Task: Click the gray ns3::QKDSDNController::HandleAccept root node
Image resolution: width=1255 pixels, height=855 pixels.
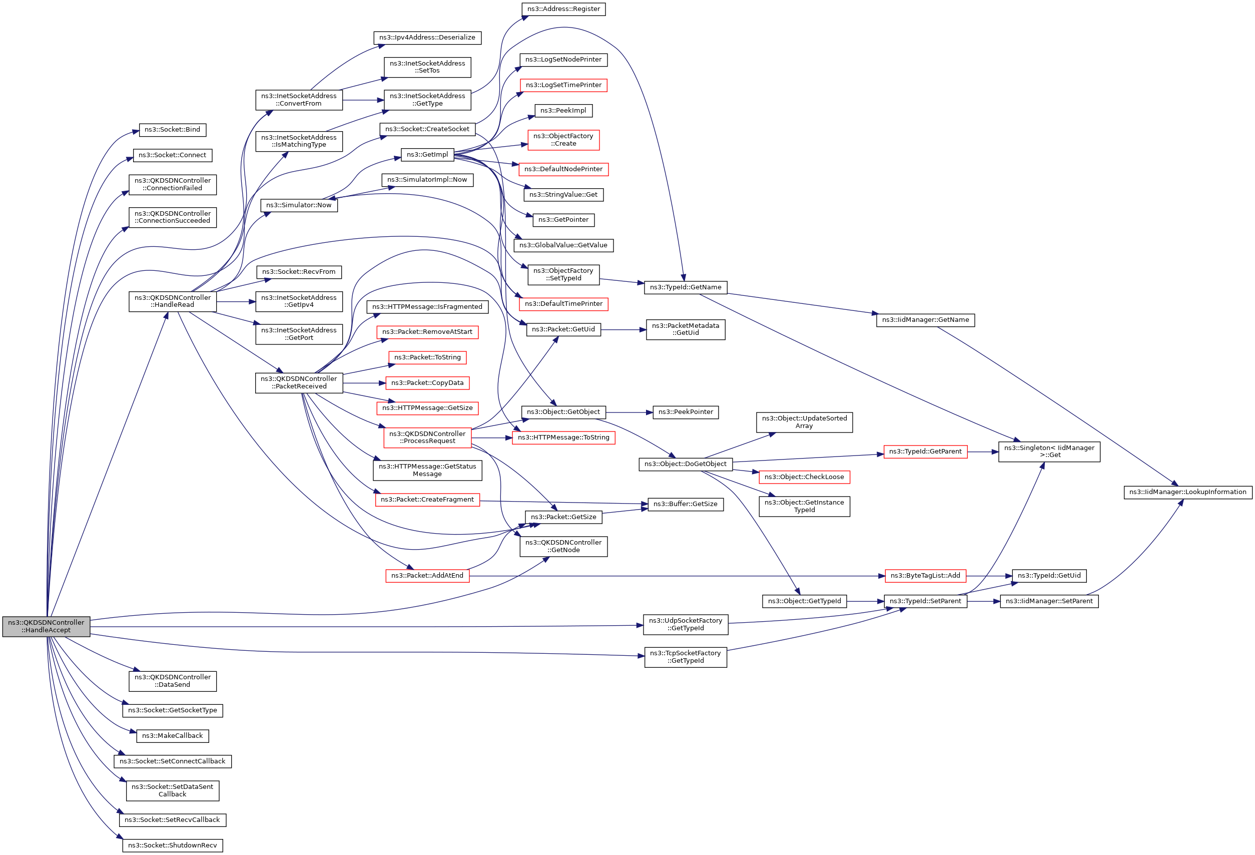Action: (x=46, y=626)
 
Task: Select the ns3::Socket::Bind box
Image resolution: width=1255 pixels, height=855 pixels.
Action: (x=172, y=130)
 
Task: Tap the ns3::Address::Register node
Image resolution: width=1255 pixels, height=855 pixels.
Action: (x=563, y=9)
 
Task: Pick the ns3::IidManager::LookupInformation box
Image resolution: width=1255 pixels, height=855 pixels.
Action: (x=1187, y=492)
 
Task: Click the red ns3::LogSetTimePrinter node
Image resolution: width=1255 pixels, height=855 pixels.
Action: (x=563, y=85)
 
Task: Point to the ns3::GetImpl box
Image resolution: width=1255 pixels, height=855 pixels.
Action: (x=427, y=155)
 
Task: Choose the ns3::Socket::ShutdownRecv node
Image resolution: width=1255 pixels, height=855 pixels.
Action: (x=172, y=845)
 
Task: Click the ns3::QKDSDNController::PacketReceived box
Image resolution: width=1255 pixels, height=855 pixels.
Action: (x=299, y=382)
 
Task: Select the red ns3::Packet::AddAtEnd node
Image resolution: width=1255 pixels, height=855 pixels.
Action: (x=427, y=576)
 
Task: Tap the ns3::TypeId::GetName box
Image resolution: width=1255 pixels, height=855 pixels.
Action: (x=685, y=287)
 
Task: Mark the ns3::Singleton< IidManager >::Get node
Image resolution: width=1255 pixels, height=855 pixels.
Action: (x=1049, y=452)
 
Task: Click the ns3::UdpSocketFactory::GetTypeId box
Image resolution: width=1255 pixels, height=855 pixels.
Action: (x=685, y=624)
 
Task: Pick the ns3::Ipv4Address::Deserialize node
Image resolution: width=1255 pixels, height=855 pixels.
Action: (x=427, y=38)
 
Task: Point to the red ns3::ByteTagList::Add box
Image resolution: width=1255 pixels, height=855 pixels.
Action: (x=925, y=576)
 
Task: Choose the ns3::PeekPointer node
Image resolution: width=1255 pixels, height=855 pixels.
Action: (x=685, y=412)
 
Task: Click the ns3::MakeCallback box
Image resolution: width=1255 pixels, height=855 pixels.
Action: (x=172, y=736)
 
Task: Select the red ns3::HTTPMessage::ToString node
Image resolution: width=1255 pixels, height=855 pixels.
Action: (x=563, y=438)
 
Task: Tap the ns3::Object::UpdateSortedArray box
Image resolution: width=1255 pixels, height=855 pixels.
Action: (x=804, y=422)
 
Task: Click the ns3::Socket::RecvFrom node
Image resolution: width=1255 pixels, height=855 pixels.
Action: (x=299, y=272)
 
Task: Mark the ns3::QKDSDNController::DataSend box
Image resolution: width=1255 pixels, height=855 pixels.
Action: (x=172, y=681)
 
